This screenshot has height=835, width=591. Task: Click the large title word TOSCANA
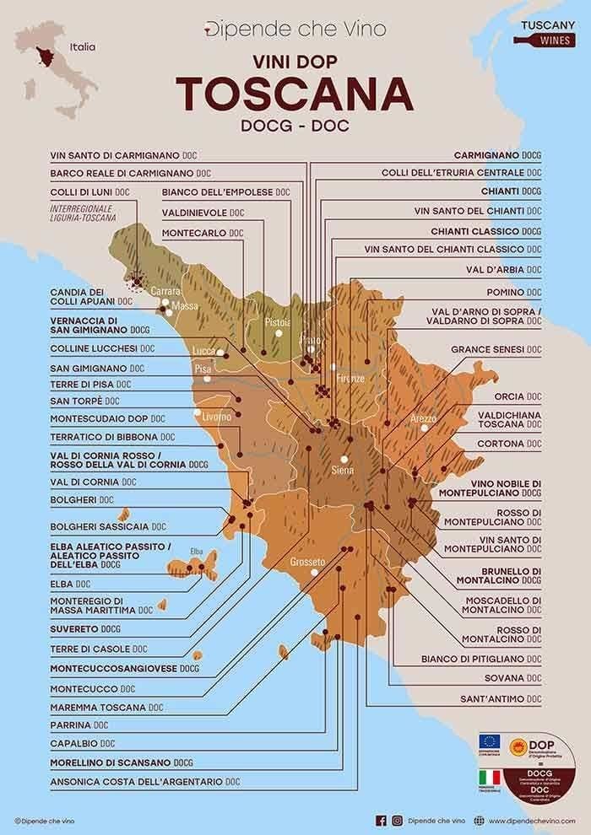(295, 94)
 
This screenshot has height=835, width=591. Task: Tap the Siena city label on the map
(343, 469)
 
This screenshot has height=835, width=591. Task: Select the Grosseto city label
(307, 562)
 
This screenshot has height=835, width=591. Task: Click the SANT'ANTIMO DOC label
(500, 699)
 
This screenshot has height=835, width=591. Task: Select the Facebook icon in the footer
(381, 820)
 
